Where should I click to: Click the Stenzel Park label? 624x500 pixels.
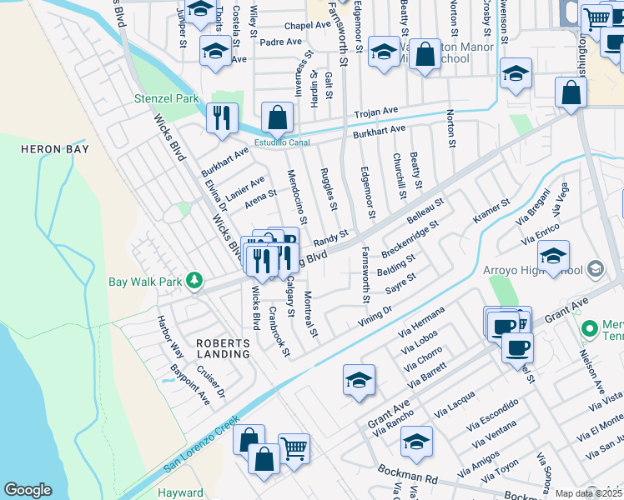coord(167,98)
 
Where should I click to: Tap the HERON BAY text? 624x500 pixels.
coord(53,148)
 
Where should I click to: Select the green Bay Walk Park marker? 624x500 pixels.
coord(194,281)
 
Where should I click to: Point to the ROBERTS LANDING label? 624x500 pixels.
coord(223,348)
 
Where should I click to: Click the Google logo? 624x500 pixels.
coord(28,490)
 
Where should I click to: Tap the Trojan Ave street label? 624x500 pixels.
coord(376,112)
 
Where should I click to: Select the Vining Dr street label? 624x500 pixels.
coord(376,312)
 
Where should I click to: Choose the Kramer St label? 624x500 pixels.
coord(491,212)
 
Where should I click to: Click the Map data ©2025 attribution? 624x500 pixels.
coord(588,493)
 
